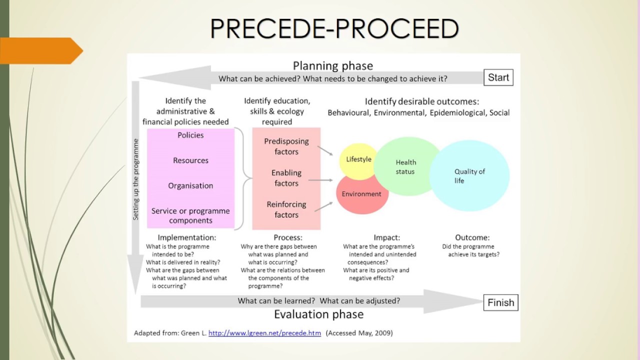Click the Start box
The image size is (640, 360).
pos(498,77)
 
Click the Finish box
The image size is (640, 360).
pos(500,302)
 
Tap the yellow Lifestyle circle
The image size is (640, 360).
pos(358,159)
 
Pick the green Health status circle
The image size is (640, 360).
pos(405,166)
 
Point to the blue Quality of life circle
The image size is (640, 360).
pos(469,176)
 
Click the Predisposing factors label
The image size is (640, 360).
pos(286,146)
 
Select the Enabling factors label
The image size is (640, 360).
pos(286,178)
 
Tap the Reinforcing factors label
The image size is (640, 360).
pos(286,209)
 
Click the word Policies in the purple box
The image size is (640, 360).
pos(190,135)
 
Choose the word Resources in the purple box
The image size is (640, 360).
pos(190,160)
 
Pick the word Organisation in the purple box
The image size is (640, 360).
pos(190,185)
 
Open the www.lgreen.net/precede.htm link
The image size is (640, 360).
pos(264,333)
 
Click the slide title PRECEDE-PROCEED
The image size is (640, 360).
pos(334,28)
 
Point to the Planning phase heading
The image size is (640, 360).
pos(332,65)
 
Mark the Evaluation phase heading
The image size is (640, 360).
pos(318,314)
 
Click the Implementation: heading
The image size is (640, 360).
pos(187,237)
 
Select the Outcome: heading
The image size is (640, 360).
pos(472,237)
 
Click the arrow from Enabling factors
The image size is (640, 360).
pos(320,180)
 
